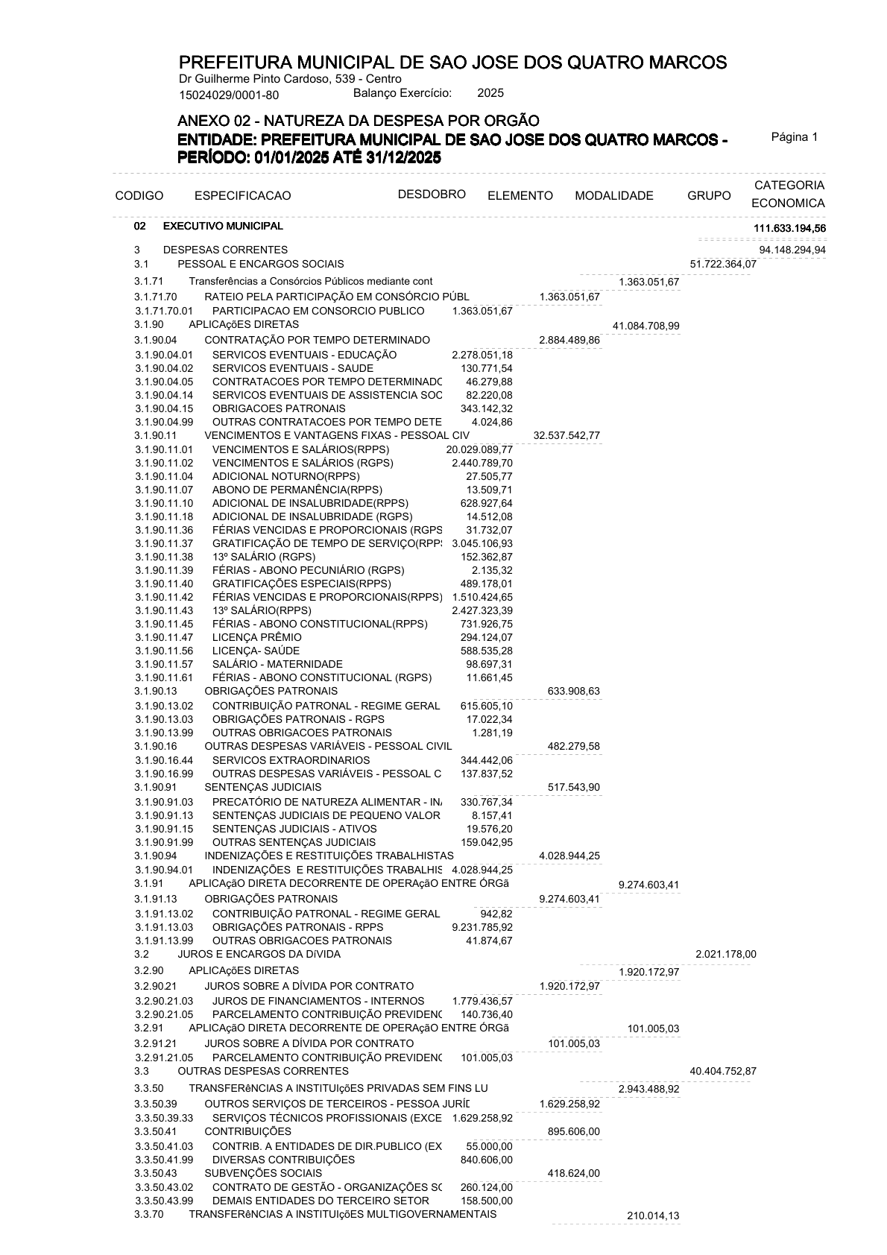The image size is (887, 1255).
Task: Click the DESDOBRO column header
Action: tap(432, 195)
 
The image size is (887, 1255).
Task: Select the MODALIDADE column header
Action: tap(613, 196)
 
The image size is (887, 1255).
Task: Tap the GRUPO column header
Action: tap(709, 196)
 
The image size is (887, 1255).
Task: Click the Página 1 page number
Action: tap(795, 137)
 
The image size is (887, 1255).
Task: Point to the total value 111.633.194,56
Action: tap(789, 227)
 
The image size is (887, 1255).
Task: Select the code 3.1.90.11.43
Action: tap(164, 610)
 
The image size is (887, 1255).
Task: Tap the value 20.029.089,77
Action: tap(479, 449)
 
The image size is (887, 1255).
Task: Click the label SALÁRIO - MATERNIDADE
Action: tap(277, 664)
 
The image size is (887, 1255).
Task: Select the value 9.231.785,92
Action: tap(482, 927)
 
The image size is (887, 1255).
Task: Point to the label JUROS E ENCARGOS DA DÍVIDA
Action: tap(259, 954)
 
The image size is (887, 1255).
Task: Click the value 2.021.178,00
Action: tap(725, 954)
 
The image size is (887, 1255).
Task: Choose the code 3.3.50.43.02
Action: tap(164, 1187)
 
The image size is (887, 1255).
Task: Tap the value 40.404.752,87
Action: tap(723, 1071)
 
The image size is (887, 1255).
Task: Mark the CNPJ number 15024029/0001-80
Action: tap(230, 95)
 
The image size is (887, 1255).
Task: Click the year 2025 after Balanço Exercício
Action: tap(490, 93)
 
